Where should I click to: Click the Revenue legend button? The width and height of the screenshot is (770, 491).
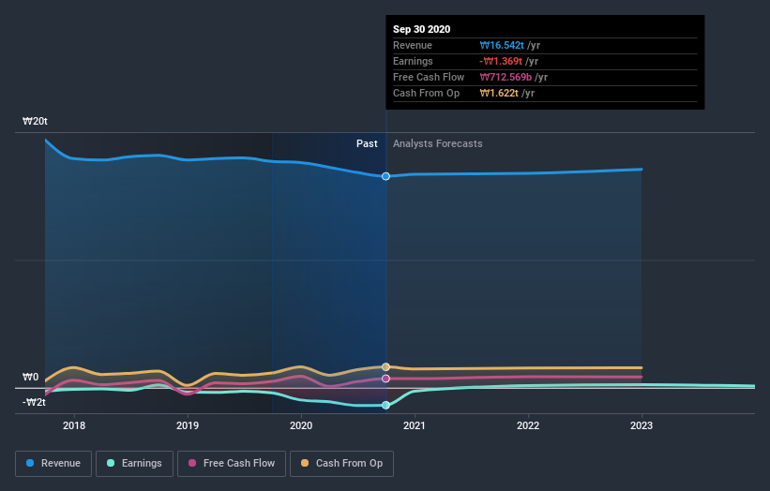(54, 463)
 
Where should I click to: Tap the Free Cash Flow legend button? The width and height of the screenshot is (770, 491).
(230, 463)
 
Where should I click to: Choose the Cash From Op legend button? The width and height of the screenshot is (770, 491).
(342, 463)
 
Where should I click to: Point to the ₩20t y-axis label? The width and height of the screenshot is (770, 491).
(36, 122)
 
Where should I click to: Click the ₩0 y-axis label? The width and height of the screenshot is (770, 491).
(31, 378)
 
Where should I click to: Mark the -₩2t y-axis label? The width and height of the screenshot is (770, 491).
(34, 403)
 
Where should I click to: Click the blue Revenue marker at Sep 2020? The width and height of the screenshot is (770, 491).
(385, 176)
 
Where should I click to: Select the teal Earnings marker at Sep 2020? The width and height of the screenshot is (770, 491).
(385, 405)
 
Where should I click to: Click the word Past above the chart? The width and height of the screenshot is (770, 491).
(367, 143)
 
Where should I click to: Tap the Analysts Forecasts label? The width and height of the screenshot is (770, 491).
(438, 143)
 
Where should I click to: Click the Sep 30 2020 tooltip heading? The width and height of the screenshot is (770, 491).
(421, 29)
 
